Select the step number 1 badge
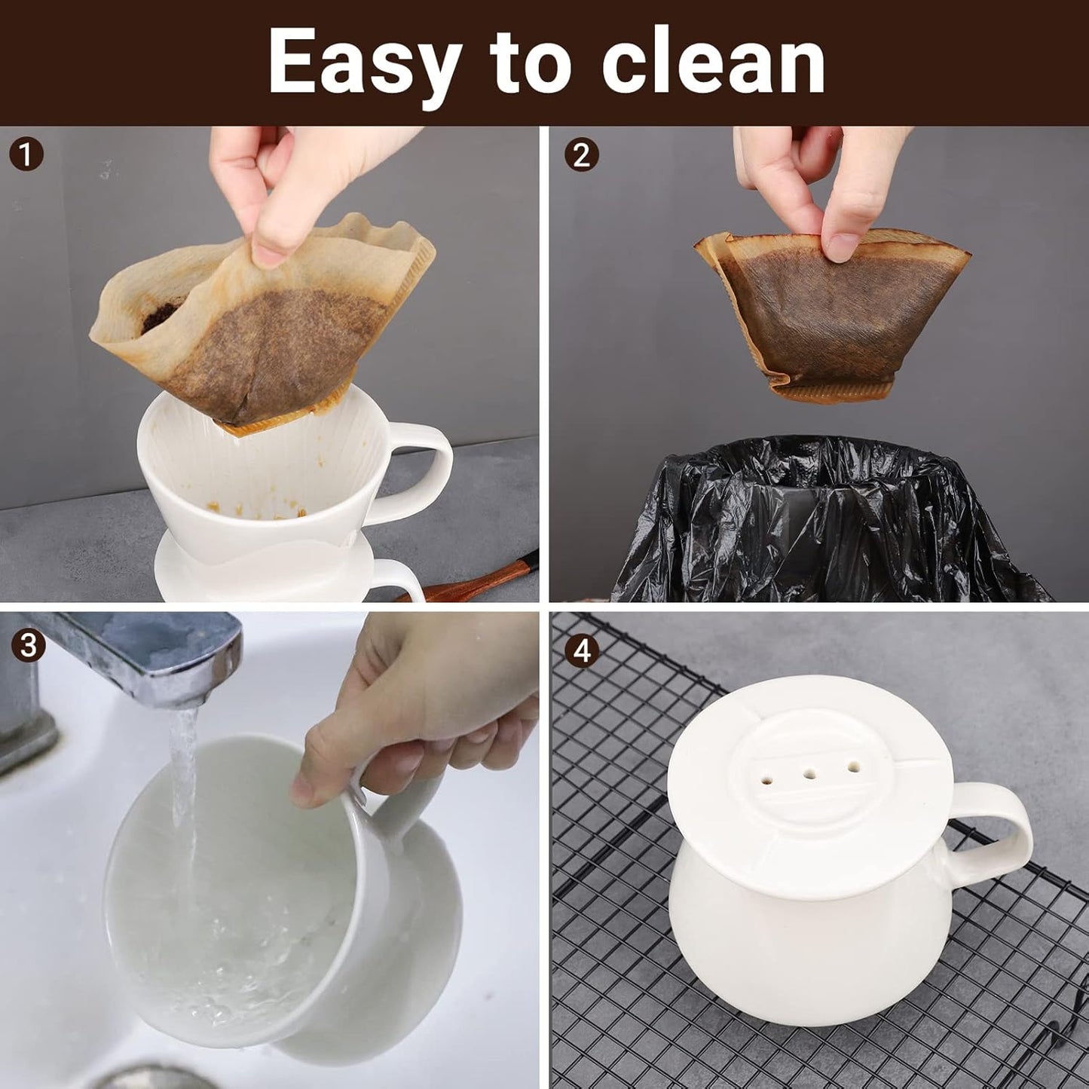26,154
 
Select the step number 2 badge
581,155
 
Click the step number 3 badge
28,646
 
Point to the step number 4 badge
582,650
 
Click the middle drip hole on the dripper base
810,773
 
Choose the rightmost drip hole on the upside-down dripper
853,766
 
